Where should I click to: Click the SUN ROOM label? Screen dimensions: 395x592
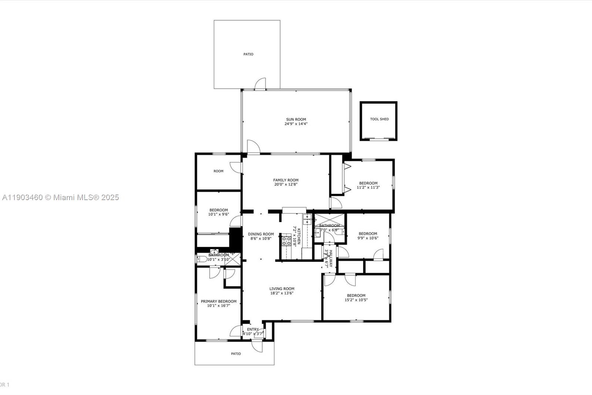296,119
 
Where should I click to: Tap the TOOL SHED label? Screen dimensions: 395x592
379,119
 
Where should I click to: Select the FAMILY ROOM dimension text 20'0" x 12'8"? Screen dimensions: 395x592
286,185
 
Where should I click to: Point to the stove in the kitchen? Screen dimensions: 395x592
286,241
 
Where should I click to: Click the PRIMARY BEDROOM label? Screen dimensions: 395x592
218,301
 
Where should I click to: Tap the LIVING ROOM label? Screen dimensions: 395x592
282,289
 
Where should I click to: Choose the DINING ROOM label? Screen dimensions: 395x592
261,234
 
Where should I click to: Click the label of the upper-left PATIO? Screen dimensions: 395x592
248,54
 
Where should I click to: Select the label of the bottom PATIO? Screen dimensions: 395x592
236,354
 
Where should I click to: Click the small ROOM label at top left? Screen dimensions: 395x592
218,171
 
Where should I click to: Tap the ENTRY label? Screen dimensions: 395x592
253,329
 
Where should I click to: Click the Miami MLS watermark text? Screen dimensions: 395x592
61,197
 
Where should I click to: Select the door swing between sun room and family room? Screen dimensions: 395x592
253,147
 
